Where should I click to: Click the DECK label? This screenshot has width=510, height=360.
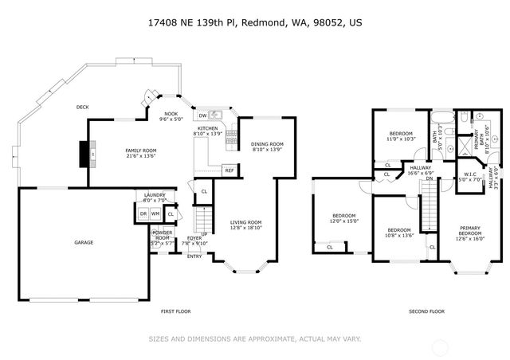[x=82, y=108]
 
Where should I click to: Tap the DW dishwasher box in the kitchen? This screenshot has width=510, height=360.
[x=203, y=115]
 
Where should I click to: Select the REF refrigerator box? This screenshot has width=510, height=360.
[x=229, y=170]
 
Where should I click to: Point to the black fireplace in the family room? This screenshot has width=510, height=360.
[x=83, y=152]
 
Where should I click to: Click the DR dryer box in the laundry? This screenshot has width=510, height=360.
[x=143, y=213]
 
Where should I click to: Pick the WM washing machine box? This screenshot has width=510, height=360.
[x=155, y=213]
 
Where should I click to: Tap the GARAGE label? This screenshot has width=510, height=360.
[x=84, y=242]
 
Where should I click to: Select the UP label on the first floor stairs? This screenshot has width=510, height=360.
[x=205, y=234]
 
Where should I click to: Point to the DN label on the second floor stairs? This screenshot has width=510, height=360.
[x=429, y=178]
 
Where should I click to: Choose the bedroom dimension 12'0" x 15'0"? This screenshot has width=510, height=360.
[x=344, y=221]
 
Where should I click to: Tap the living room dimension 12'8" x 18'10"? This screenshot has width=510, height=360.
[x=246, y=227]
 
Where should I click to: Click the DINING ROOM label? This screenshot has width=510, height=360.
[x=268, y=144]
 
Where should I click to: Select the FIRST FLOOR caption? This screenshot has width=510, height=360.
[x=175, y=311]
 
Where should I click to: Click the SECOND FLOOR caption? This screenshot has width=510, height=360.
[x=426, y=311]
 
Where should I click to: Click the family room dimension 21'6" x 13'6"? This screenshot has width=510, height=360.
[x=140, y=156]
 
